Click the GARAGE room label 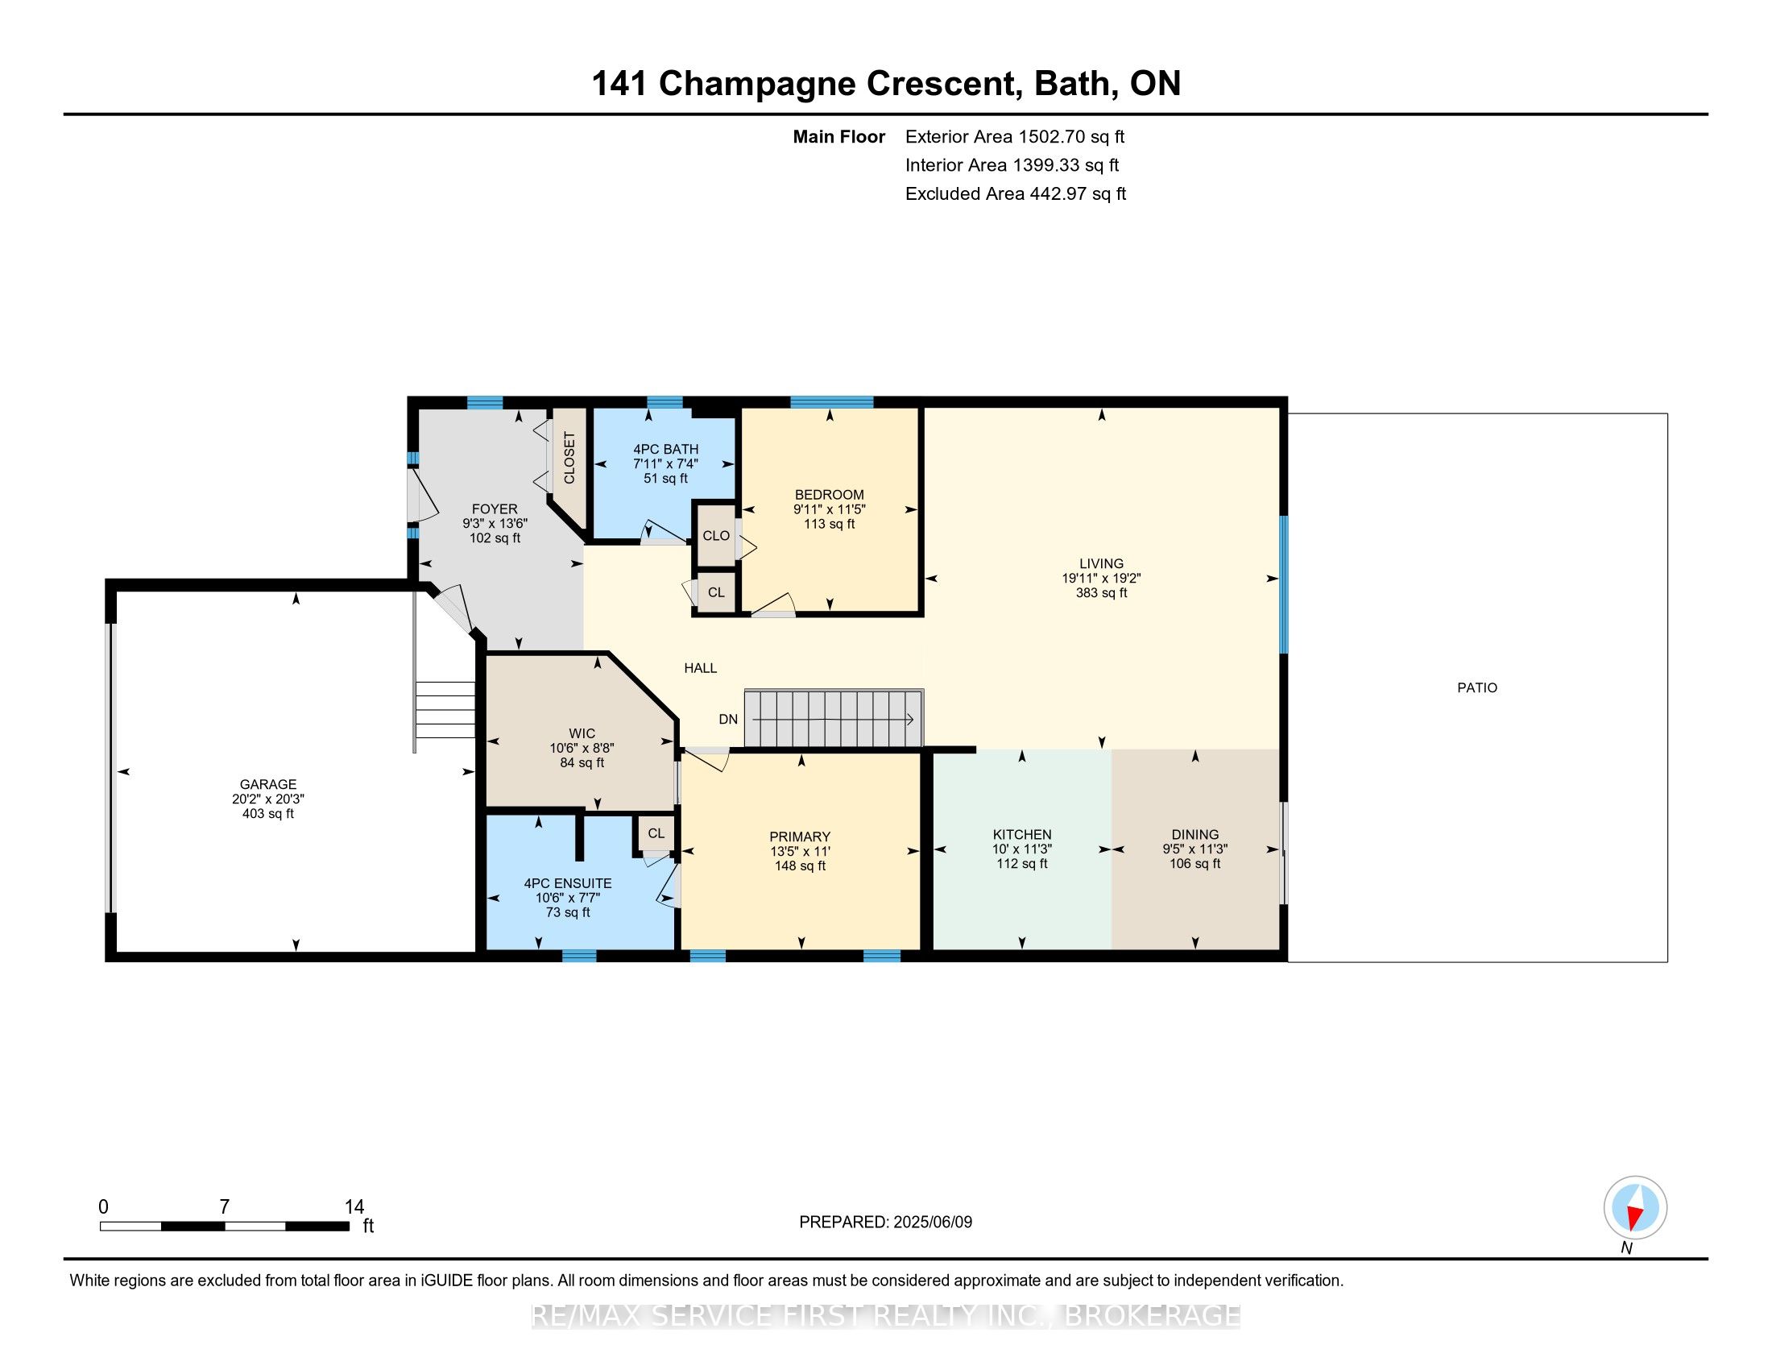(x=267, y=784)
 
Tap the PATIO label (x=1477, y=687)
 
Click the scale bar (x=225, y=1227)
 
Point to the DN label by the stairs (x=728, y=719)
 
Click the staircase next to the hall (x=834, y=718)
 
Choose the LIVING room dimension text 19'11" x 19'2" (x=1101, y=578)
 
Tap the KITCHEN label (x=1022, y=834)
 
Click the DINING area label (x=1195, y=834)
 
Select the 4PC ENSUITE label (x=568, y=883)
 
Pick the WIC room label (x=582, y=733)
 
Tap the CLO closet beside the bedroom (x=716, y=536)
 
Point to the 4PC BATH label (x=665, y=449)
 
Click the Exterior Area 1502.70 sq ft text (x=1015, y=136)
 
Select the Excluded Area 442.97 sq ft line (x=1016, y=193)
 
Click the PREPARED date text (x=885, y=1222)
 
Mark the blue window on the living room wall (x=1284, y=584)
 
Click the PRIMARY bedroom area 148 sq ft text (x=800, y=866)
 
